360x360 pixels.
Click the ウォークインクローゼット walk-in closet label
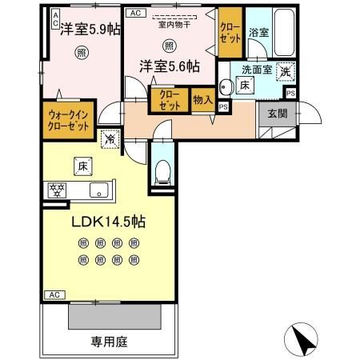click(x=67, y=119)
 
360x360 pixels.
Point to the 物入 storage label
click(x=202, y=100)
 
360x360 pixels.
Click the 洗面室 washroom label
click(x=258, y=69)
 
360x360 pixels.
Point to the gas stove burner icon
click(x=58, y=190)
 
